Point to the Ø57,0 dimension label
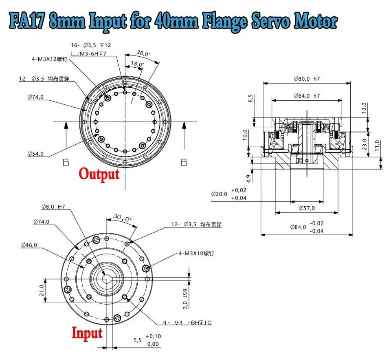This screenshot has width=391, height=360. (x=307, y=208)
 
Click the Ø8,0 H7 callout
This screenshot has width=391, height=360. (x=53, y=207)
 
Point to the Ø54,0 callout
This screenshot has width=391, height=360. (x=35, y=154)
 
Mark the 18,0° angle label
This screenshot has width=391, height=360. (x=137, y=64)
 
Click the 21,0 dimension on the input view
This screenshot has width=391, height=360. (x=41, y=290)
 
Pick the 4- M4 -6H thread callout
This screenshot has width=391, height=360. (x=188, y=323)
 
